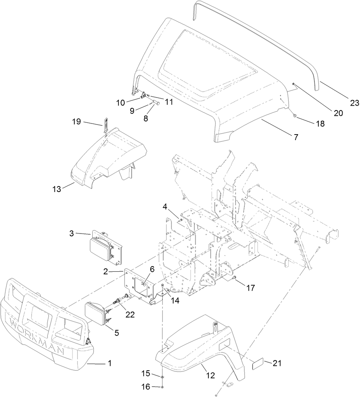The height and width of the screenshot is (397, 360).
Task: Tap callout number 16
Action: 146,387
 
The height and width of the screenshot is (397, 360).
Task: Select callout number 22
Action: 129,314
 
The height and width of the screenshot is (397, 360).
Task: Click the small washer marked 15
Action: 163,377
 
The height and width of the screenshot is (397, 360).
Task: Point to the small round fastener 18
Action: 294,116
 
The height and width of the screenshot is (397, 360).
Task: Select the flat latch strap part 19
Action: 105,125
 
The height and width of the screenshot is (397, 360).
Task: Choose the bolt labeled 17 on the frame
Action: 235,277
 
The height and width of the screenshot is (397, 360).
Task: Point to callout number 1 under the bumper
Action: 109,364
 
